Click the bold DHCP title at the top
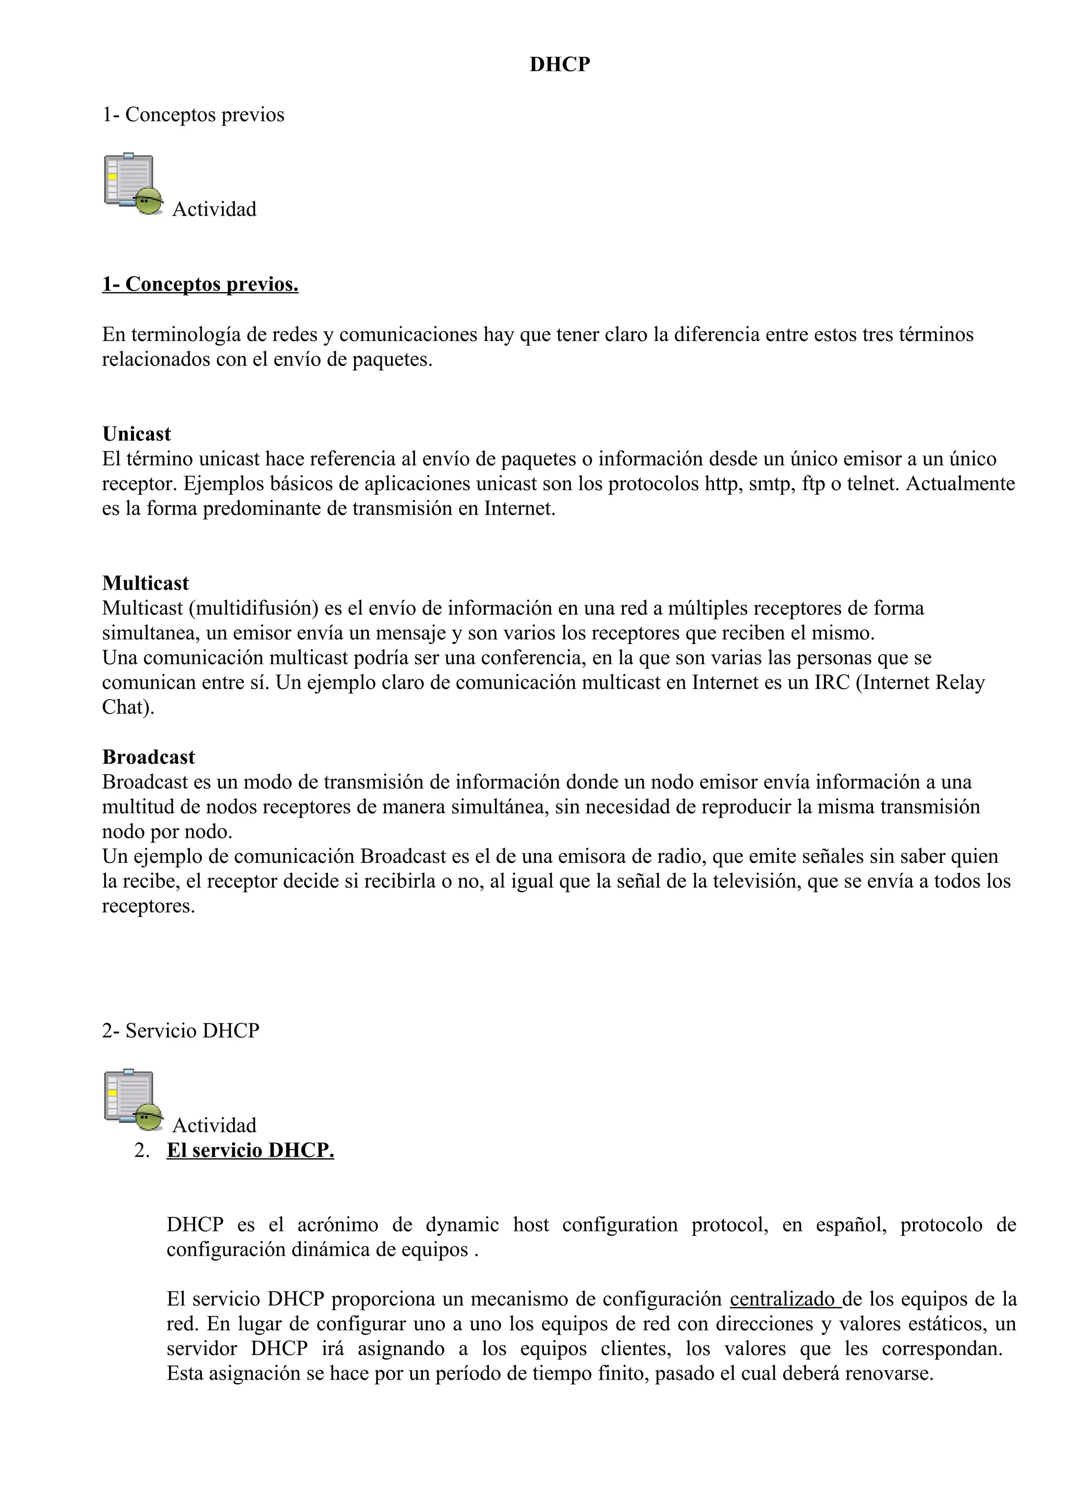[560, 65]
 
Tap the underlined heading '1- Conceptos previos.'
[200, 284]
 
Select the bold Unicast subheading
[136, 434]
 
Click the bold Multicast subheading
[145, 583]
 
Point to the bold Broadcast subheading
[148, 758]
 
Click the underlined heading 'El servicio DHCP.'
[250, 1150]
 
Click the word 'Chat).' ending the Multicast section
[128, 708]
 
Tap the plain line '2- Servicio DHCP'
[180, 1031]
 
